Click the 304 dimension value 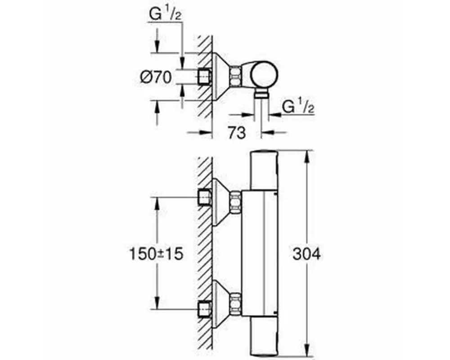pos(306,254)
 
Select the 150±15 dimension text pos(157,254)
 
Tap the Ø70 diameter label pos(156,77)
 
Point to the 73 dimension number pos(237,133)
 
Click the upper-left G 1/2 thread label pos(165,14)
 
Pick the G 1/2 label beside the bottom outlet pos(298,107)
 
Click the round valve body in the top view pos(264,74)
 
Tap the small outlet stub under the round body pos(261,94)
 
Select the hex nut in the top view pos(235,77)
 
